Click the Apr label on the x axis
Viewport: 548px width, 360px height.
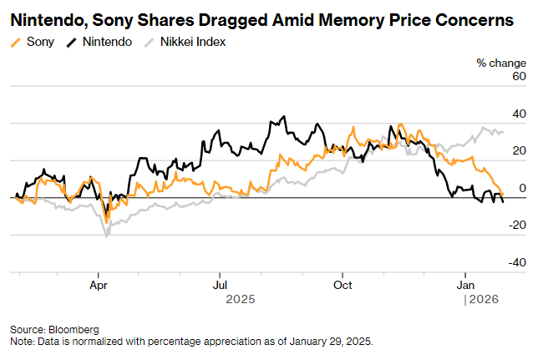coord(99,283)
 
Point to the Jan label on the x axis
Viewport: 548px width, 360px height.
coord(464,283)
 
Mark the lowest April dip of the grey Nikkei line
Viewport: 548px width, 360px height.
coord(106,236)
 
